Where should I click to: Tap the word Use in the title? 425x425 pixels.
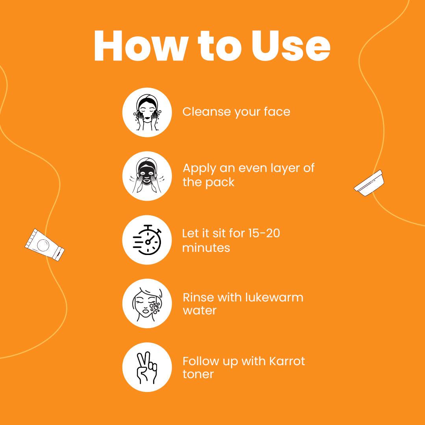pyautogui.click(x=291, y=46)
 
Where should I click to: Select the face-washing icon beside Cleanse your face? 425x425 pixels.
pyautogui.click(x=147, y=112)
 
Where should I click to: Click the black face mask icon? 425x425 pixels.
pyautogui.click(x=147, y=176)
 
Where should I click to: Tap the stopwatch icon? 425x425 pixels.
pyautogui.click(x=147, y=240)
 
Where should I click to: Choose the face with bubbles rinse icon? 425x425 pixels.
pyautogui.click(x=147, y=303)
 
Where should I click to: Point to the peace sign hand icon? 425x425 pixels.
pyautogui.click(x=147, y=368)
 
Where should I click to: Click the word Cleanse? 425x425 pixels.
pyautogui.click(x=206, y=112)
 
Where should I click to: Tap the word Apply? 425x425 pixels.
pyautogui.click(x=199, y=168)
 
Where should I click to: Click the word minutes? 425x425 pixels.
pyautogui.click(x=206, y=248)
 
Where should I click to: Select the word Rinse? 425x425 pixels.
pyautogui.click(x=198, y=297)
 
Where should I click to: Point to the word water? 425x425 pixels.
pyautogui.click(x=200, y=310)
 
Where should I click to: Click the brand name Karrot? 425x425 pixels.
pyautogui.click(x=287, y=361)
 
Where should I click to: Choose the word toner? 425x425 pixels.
pyautogui.click(x=198, y=374)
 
